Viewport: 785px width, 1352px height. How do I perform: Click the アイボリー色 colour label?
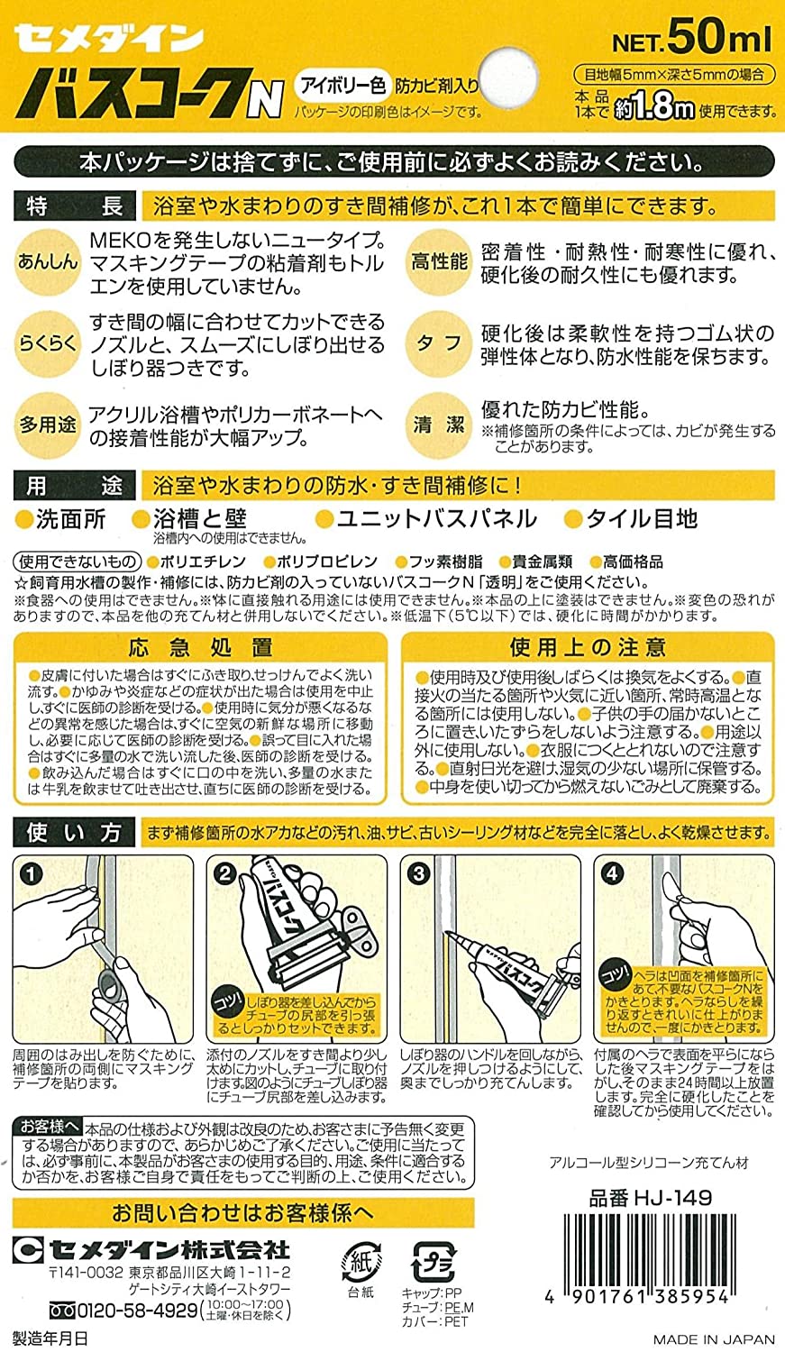[342, 87]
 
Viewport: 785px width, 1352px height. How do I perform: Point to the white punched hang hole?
[507, 75]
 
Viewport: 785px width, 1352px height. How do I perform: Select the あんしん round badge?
[48, 261]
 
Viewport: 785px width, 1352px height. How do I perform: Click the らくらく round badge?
[48, 343]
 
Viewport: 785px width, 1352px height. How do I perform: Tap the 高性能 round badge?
[439, 261]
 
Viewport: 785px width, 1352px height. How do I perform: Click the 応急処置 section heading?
[200, 647]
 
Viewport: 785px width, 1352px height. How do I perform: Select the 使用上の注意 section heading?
[588, 647]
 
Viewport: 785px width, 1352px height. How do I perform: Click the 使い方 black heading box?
[73, 832]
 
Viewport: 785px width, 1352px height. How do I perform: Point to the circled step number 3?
[418, 873]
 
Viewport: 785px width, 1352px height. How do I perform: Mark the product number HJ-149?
[650, 1198]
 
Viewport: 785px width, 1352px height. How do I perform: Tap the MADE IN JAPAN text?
[714, 1338]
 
